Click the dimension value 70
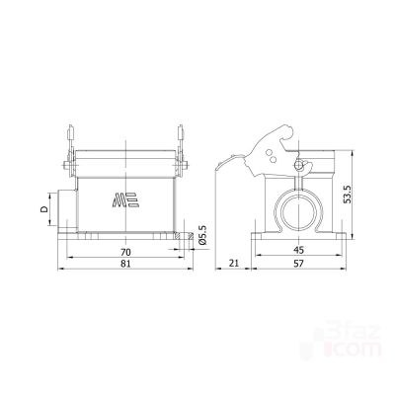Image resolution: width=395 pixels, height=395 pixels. pyautogui.click(x=125, y=252)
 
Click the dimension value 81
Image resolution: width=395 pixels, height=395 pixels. pyautogui.click(x=125, y=264)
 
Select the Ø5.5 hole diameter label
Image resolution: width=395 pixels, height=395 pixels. pyautogui.click(x=202, y=235)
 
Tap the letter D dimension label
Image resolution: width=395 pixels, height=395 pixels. pyautogui.click(x=43, y=209)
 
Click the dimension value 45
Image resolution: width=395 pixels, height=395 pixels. pyautogui.click(x=298, y=250)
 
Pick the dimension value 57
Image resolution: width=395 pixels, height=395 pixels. pyautogui.click(x=298, y=264)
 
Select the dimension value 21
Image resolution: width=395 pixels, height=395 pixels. pyautogui.click(x=234, y=264)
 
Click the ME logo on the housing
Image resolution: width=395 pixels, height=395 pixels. pyautogui.click(x=125, y=199)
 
